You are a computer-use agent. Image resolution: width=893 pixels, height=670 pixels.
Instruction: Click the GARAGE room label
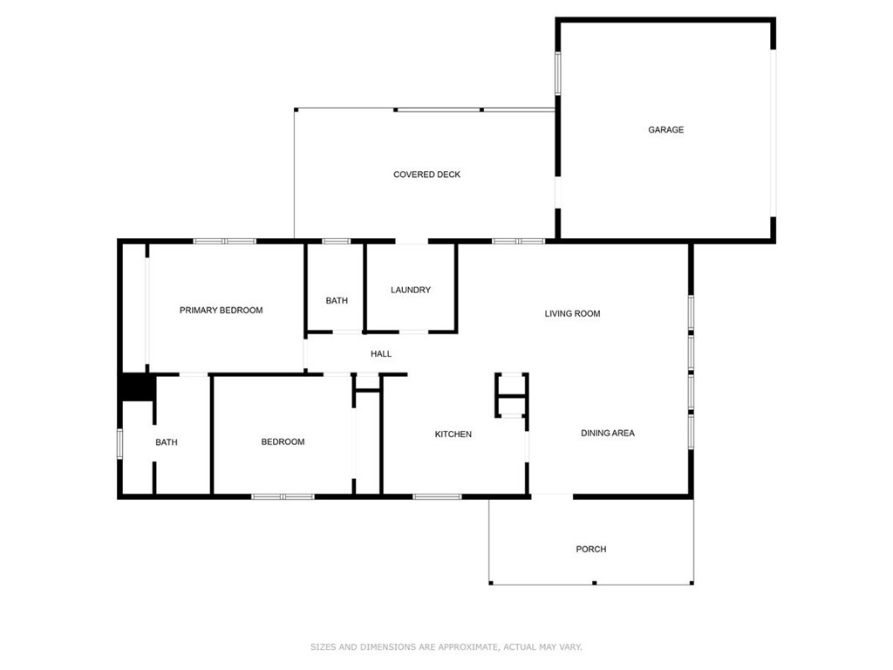click(x=665, y=130)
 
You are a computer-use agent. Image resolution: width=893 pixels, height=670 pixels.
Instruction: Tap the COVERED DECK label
click(x=426, y=174)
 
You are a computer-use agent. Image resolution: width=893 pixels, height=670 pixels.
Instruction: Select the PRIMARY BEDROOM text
click(x=221, y=310)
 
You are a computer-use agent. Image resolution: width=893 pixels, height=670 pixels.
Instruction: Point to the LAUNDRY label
click(x=410, y=290)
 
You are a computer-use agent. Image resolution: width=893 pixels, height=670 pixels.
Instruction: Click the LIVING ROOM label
click(x=572, y=313)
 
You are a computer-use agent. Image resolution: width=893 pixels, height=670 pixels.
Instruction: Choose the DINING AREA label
click(x=608, y=433)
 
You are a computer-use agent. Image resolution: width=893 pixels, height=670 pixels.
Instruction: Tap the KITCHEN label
click(x=453, y=434)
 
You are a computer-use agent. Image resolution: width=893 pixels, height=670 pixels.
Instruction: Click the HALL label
click(x=381, y=353)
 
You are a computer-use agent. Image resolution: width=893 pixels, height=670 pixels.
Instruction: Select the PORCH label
click(x=590, y=549)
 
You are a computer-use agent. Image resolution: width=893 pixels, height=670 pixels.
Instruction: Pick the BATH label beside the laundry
click(x=337, y=300)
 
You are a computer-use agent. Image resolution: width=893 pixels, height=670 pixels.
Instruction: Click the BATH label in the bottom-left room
click(x=167, y=442)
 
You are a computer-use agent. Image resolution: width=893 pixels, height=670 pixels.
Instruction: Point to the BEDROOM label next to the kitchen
click(x=283, y=441)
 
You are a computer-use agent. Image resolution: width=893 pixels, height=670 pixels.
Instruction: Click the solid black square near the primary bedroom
click(x=136, y=387)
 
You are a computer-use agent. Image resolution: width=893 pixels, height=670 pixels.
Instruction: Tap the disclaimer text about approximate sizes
click(x=446, y=646)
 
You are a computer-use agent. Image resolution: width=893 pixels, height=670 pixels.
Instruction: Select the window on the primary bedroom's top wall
click(x=224, y=241)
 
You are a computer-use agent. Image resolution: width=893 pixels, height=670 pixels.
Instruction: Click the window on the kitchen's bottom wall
click(x=437, y=496)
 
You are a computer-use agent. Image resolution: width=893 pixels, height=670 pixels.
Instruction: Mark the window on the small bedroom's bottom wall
click(x=283, y=496)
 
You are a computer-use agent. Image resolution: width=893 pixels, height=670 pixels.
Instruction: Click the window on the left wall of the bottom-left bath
click(x=119, y=442)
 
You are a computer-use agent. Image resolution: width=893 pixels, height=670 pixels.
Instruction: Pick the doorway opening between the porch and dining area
click(x=551, y=496)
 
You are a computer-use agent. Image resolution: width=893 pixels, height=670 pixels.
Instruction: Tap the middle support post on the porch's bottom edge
click(x=594, y=583)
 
